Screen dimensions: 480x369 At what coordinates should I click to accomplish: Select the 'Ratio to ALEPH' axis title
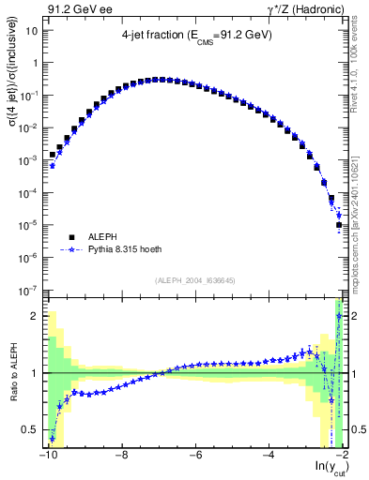click(x=12, y=373)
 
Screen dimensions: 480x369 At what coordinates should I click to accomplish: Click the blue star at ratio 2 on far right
click(x=339, y=316)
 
